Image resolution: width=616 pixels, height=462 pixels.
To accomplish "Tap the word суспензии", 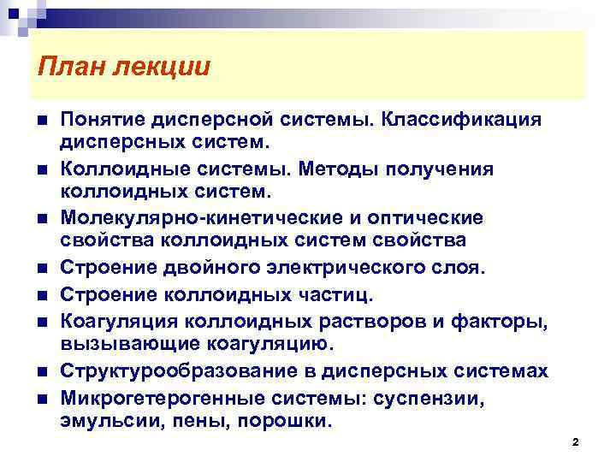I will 441,396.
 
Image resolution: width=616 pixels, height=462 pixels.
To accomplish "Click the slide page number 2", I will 575,441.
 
